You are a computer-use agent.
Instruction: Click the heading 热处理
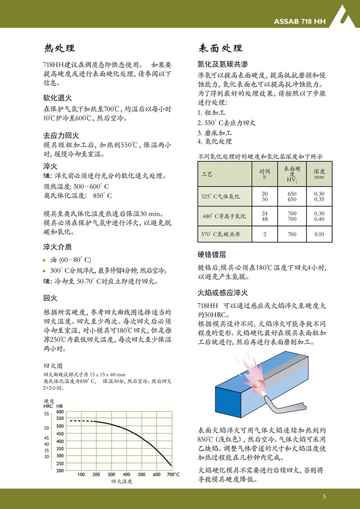point(59,49)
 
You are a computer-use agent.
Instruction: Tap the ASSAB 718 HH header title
point(300,22)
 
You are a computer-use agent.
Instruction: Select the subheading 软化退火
point(57,98)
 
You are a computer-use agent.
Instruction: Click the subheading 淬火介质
point(57,247)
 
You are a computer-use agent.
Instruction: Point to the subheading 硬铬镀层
point(211,254)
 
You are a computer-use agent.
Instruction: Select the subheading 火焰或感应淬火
point(222,293)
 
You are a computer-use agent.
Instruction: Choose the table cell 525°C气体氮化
point(221,197)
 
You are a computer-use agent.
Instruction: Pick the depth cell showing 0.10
point(319,235)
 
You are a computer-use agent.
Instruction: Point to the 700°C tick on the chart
point(173,475)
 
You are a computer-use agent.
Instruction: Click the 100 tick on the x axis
point(81,475)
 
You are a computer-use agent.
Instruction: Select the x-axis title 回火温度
point(122,482)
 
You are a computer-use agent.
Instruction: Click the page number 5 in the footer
point(324,495)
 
